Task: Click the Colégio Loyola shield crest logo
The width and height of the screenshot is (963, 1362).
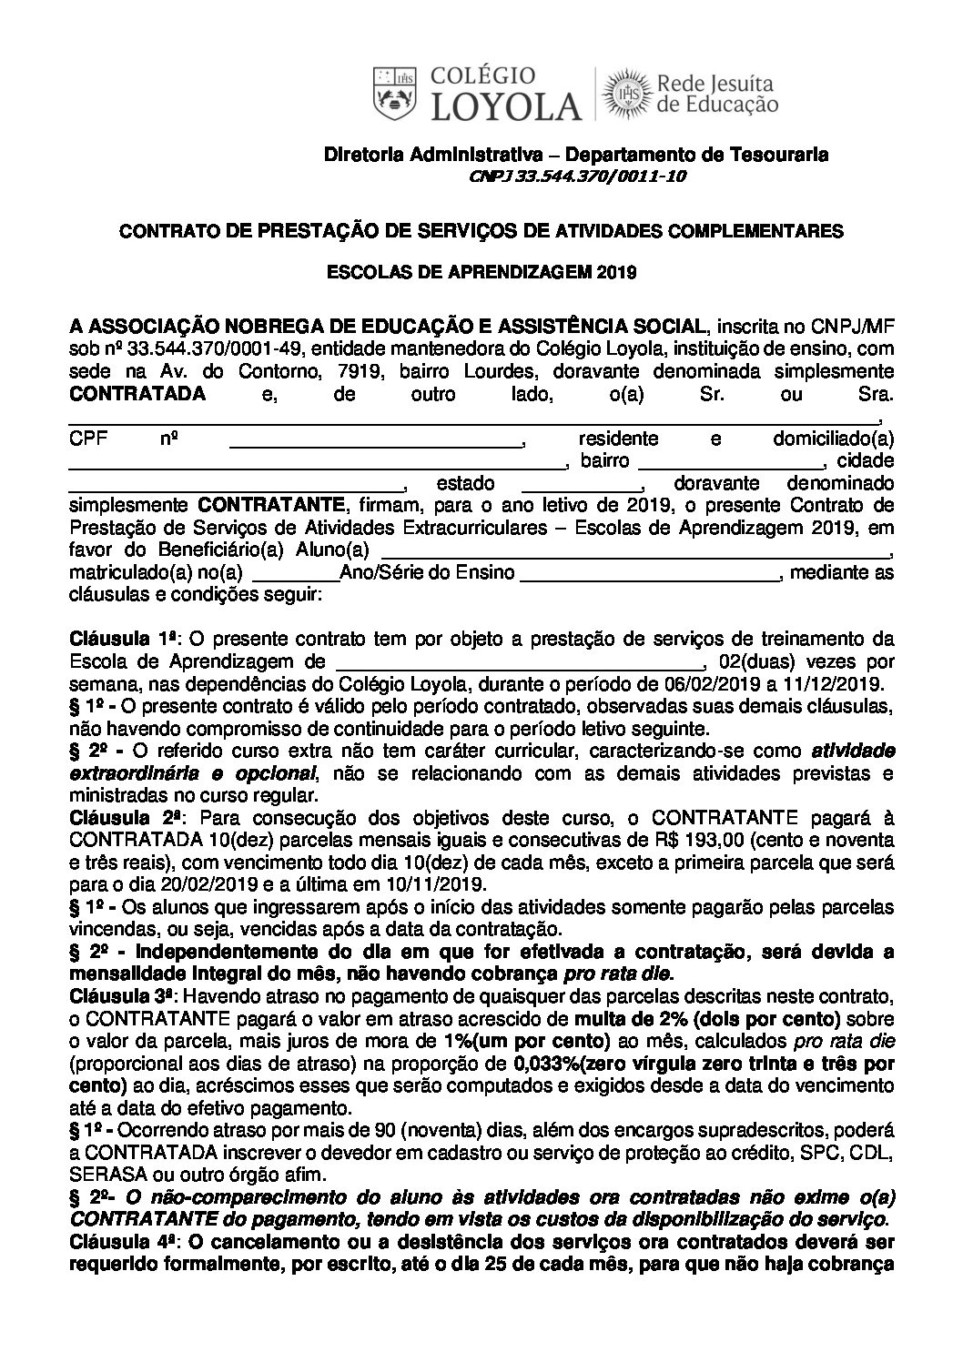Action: (x=394, y=93)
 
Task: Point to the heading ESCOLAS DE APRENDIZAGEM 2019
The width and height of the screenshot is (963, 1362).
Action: (x=481, y=271)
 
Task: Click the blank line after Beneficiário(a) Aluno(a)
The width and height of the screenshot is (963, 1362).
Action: (x=633, y=554)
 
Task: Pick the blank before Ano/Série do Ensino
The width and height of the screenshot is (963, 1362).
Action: (x=293, y=577)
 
